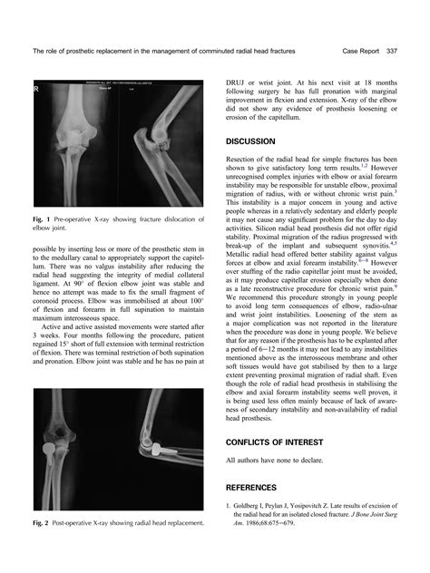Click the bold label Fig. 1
(x=39, y=220)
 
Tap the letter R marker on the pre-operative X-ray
(x=35, y=91)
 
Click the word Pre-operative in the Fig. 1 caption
(x=75, y=220)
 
